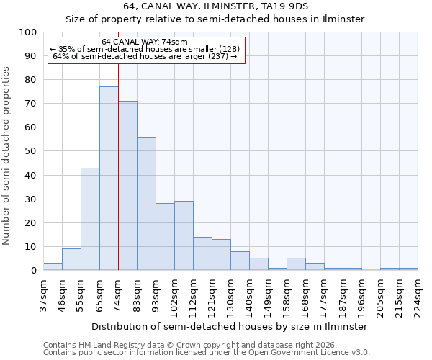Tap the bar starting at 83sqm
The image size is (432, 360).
[146, 204]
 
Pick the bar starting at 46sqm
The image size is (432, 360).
[71, 259]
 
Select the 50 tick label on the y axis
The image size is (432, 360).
[30, 151]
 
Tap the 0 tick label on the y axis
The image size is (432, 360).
[33, 271]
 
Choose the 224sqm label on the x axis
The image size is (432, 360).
[418, 295]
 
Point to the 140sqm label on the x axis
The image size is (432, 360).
[249, 295]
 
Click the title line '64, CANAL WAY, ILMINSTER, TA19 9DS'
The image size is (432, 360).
[215, 6]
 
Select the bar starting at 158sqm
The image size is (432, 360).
[296, 264]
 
